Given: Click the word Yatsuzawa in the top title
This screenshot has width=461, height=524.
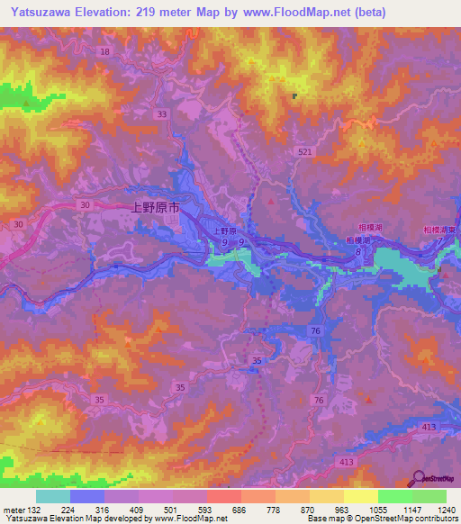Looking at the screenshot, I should click(35, 13).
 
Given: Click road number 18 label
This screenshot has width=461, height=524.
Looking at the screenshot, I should click(105, 52).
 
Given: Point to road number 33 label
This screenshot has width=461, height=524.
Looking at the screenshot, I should click(161, 114).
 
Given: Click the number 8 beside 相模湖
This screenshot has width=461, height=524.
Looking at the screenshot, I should click(357, 254).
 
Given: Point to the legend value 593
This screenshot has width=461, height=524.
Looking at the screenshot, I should click(205, 509).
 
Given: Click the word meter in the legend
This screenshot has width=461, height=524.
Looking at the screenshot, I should click(14, 509).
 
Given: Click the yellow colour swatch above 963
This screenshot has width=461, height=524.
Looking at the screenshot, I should click(327, 496).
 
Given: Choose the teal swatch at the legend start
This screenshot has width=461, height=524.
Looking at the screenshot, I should click(53, 496).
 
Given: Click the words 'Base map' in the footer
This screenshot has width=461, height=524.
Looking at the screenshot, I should click(321, 519).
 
